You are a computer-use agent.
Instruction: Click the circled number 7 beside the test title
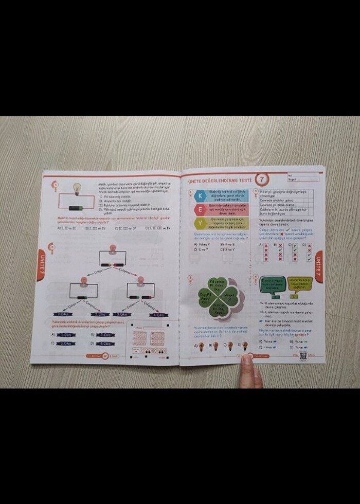point(262,179)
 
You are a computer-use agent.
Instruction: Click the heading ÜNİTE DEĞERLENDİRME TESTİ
point(221,180)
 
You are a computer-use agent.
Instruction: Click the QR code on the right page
point(302,356)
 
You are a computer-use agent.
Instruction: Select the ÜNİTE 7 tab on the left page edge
point(41,264)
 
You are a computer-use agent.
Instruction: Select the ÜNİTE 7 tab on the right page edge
point(319,266)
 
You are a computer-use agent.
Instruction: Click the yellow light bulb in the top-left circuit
point(77,188)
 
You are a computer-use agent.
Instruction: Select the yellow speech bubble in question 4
point(300,283)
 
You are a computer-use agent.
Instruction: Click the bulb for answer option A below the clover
point(201,346)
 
